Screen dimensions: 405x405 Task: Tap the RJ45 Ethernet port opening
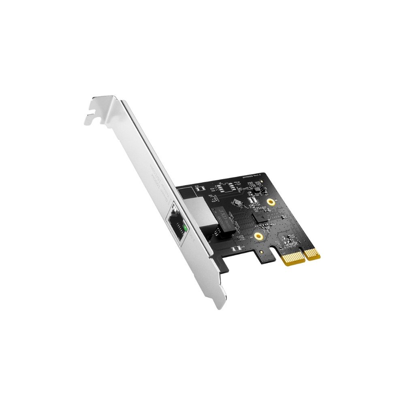tap(177, 229)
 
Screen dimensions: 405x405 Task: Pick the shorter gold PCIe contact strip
tap(312, 254)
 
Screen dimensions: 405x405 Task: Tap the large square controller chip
tap(259, 217)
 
